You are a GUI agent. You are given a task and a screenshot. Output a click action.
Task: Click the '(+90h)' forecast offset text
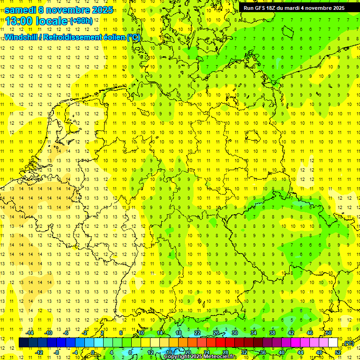coord(81,21)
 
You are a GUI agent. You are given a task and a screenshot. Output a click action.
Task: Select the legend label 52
coord(338,352)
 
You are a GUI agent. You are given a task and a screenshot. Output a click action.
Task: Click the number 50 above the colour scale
coord(329,333)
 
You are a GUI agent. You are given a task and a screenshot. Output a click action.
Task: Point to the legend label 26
coord(216,333)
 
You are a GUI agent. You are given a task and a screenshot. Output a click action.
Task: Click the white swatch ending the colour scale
coord(333,343)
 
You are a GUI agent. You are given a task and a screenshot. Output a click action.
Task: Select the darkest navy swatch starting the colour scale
coord(23,343)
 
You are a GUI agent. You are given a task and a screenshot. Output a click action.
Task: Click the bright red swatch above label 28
coord(220,343)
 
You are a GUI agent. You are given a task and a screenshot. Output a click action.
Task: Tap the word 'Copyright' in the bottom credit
coord(177,357)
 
